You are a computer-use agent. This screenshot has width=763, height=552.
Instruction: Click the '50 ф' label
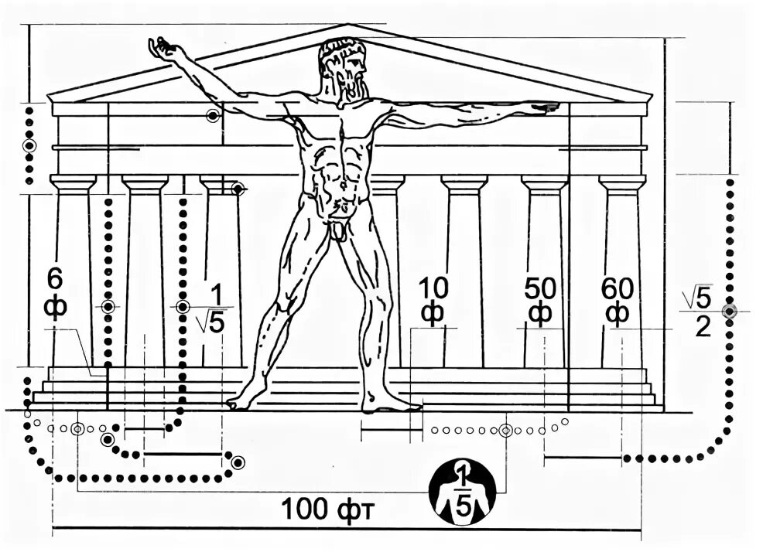click(x=540, y=301)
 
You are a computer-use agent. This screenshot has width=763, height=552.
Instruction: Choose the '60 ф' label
click(x=617, y=301)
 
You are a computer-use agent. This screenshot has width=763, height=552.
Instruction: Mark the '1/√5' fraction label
click(x=211, y=309)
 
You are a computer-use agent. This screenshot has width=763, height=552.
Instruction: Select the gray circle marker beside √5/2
click(x=729, y=311)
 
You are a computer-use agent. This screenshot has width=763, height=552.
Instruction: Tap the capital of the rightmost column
click(x=622, y=184)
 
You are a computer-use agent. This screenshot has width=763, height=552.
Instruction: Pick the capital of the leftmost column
click(x=73, y=184)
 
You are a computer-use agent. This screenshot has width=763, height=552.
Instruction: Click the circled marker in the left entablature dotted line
click(x=29, y=145)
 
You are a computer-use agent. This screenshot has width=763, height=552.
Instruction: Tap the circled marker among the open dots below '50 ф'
click(x=505, y=431)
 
